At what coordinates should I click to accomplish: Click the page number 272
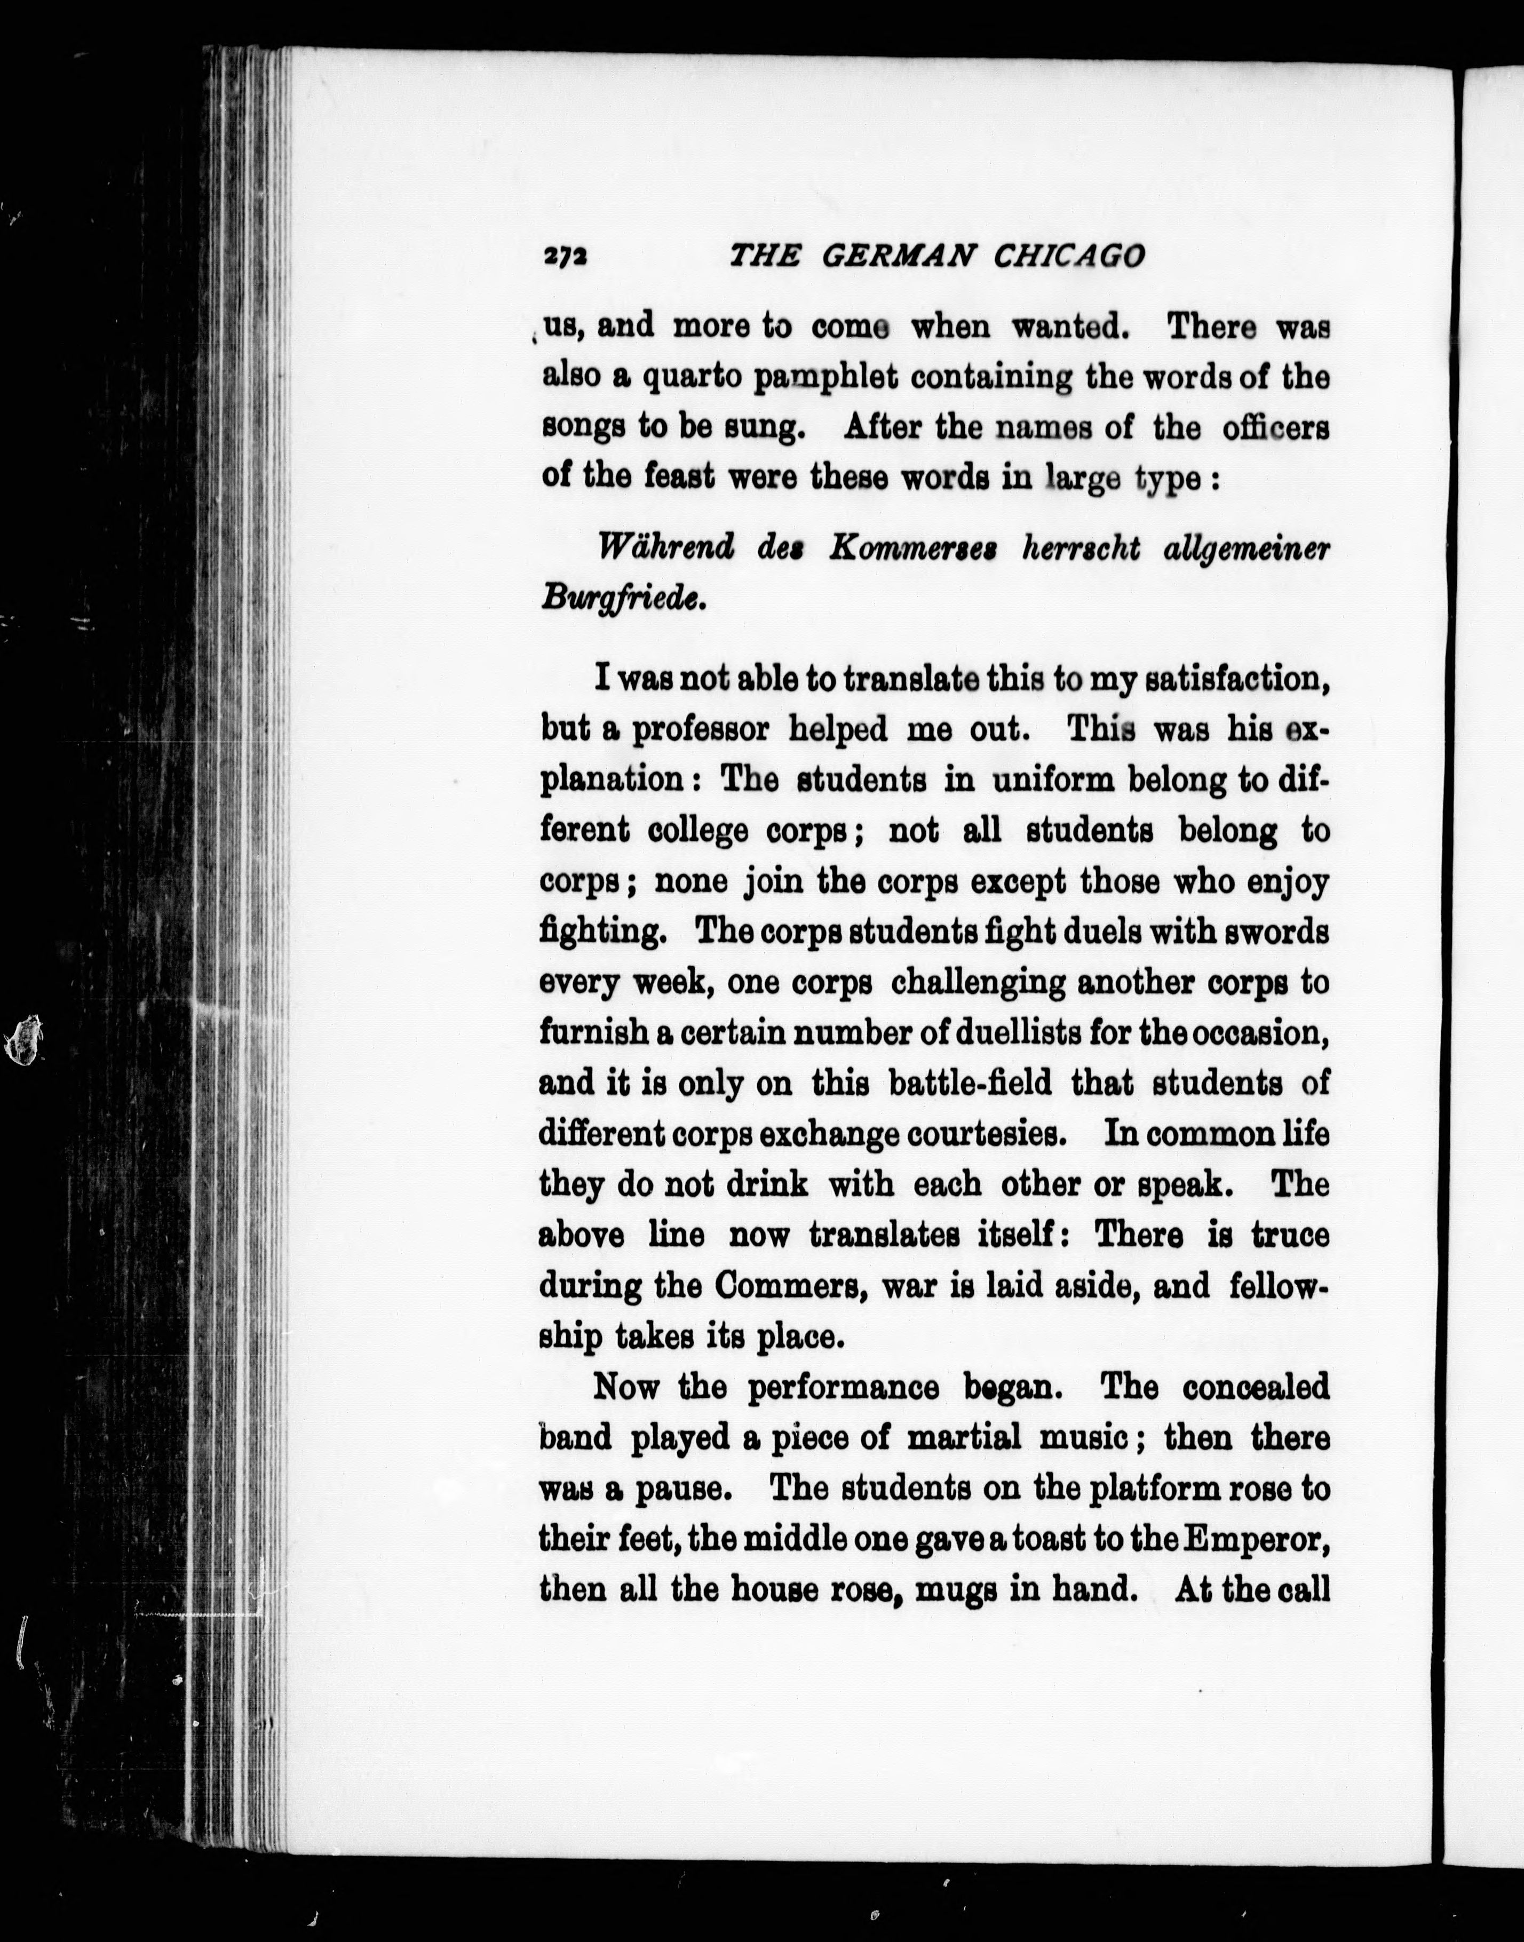pyautogui.click(x=565, y=257)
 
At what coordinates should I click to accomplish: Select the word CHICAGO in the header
pyautogui.click(x=1068, y=257)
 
